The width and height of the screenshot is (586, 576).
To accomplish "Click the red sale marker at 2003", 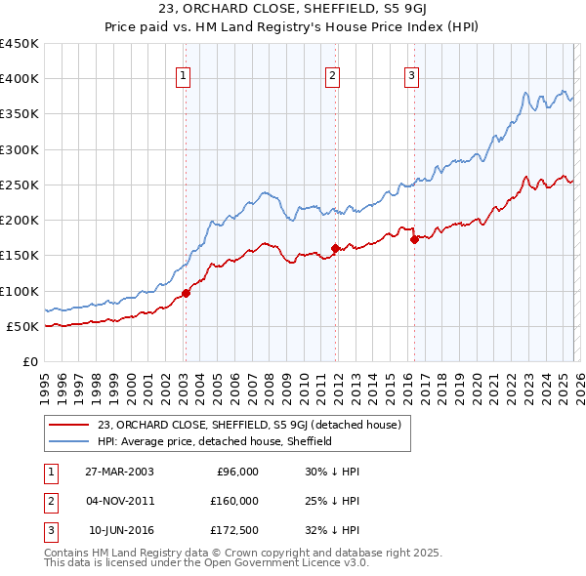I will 186,294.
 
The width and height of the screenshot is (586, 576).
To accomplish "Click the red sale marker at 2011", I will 334,248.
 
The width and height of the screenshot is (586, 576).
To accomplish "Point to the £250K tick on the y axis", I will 20,185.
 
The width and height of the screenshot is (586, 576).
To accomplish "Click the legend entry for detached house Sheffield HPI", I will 215,441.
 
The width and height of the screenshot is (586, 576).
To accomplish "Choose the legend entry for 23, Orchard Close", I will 250,424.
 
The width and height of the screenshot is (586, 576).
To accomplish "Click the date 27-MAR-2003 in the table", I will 120,472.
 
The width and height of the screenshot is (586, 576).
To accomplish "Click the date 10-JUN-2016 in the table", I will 120,530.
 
